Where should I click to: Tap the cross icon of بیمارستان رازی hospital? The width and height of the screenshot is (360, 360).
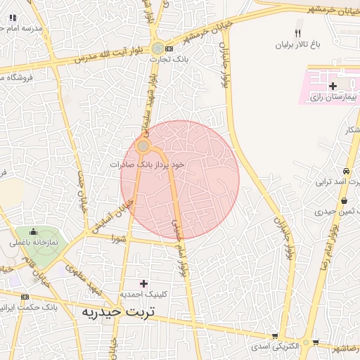coord(333,86)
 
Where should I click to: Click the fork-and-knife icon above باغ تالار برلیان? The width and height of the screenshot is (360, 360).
coord(297,33)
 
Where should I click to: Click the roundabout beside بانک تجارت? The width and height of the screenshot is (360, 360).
coord(157,48)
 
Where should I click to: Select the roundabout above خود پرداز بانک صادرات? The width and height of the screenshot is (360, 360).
coord(143,146)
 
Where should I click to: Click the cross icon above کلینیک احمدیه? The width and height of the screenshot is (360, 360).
coord(144,283)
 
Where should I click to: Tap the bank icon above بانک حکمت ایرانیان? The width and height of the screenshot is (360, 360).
coord(25,297)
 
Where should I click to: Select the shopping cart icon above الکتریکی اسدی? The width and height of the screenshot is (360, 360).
coord(274,336)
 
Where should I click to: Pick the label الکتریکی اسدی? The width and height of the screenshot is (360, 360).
coord(276,347)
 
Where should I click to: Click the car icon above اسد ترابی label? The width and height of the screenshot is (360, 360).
coord(346,172)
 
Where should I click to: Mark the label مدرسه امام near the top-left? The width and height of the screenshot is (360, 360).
coord(21,27)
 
